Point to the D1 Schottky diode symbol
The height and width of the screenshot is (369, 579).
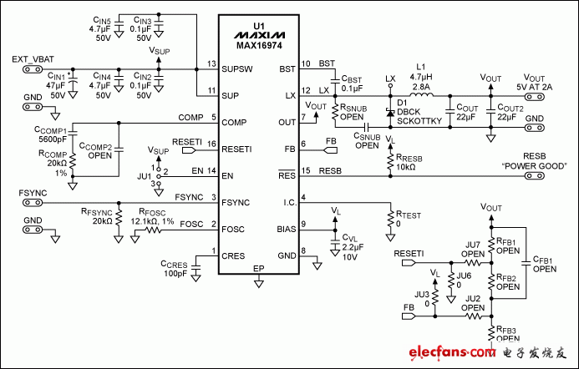click(389, 111)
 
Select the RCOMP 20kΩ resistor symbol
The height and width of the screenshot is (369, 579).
click(73, 164)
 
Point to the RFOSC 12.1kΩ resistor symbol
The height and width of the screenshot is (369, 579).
click(156, 225)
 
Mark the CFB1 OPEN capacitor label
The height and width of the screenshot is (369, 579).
click(543, 265)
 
